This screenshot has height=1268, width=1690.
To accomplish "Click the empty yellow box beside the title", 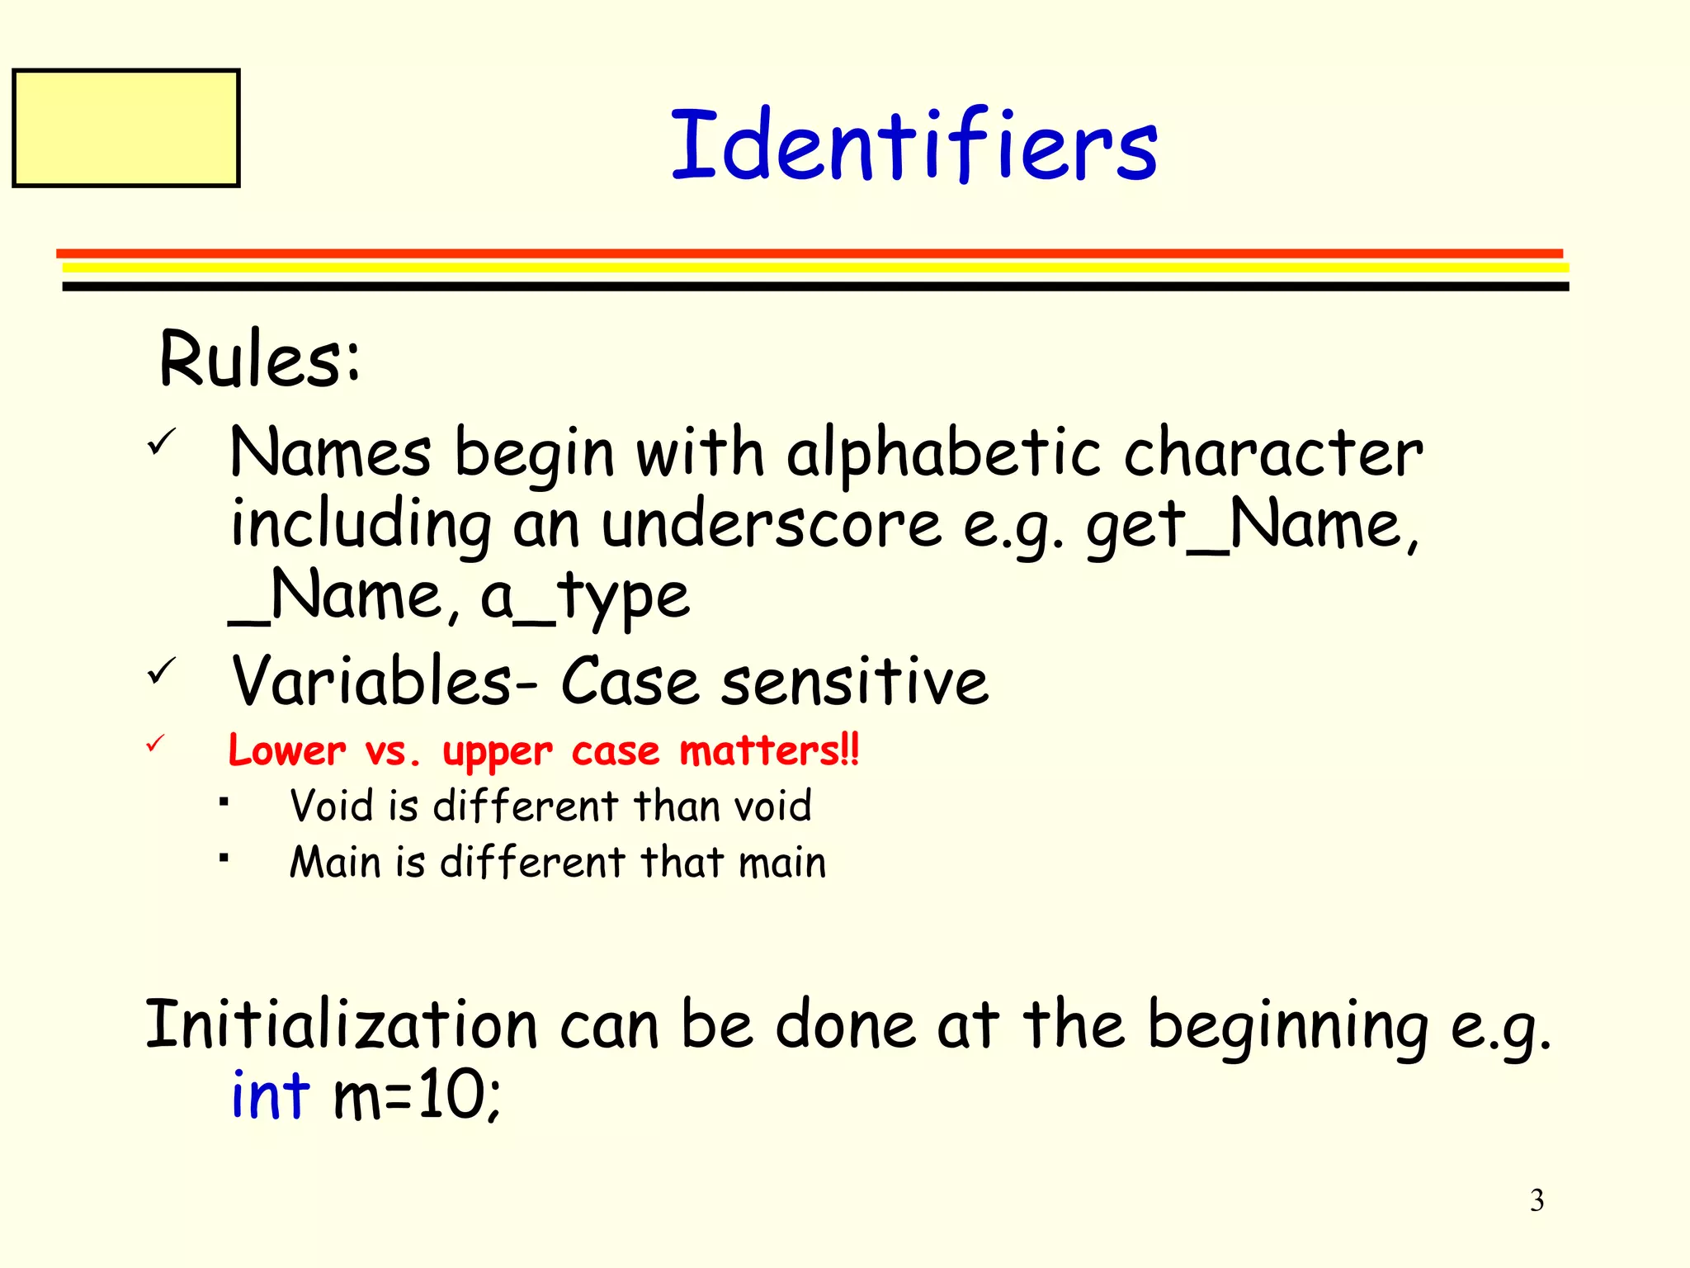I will coord(126,128).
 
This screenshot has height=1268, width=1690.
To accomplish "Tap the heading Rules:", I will coord(260,359).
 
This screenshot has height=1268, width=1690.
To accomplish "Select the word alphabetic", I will coord(944,453).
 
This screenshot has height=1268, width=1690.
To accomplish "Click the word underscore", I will coord(771,525).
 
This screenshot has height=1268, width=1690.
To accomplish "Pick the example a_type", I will coord(584,596).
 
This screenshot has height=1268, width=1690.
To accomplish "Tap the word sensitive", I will coord(854,681).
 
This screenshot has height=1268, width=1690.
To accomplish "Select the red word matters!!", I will coord(769,750).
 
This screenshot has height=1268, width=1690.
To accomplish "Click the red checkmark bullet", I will coord(156,744).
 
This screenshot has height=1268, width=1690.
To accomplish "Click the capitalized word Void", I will coord(331,806).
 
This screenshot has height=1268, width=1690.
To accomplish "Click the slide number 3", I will coord(1537,1200).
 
